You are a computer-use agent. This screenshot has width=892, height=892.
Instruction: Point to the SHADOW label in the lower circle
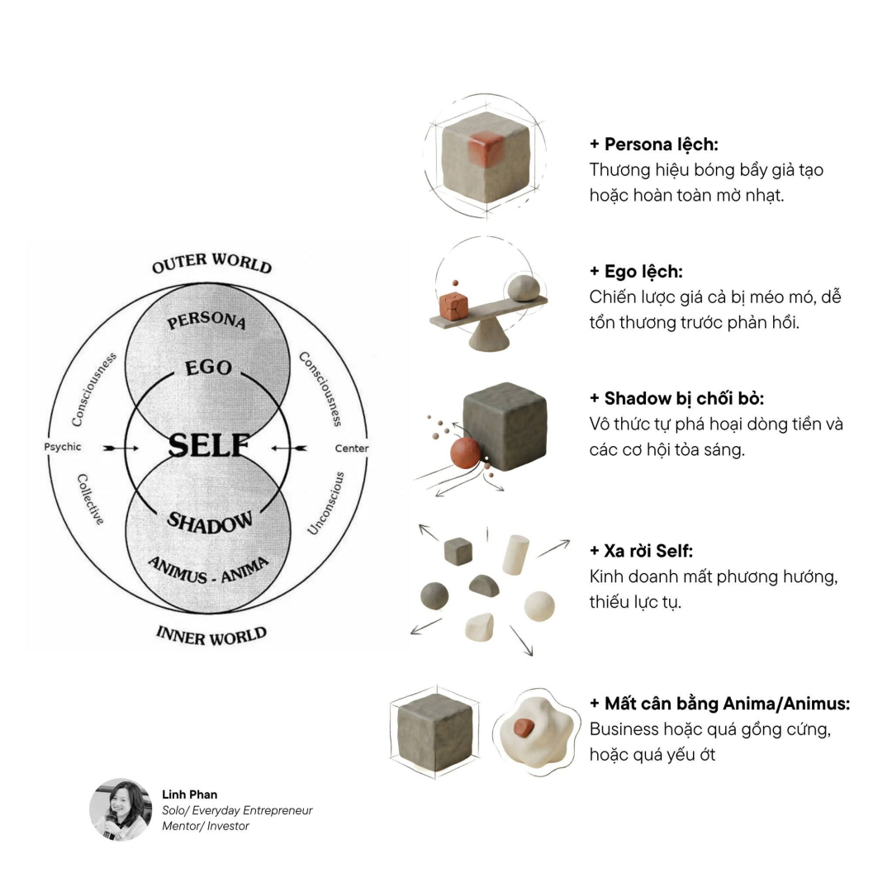coord(210,521)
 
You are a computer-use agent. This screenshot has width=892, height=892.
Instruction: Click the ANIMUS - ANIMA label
coord(208,569)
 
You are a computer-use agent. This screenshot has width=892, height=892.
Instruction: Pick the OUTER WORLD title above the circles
coord(211,263)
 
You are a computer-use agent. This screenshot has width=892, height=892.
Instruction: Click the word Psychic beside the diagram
coord(63,448)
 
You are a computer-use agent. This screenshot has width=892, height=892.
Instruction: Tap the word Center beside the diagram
coord(352,448)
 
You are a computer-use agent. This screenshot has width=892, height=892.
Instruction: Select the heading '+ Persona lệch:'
coord(653,145)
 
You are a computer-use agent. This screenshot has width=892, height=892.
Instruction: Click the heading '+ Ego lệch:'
coord(636,272)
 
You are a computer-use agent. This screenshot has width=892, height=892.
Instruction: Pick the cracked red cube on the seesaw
coord(453,306)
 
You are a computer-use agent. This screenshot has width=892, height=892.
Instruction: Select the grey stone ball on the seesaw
coord(523,288)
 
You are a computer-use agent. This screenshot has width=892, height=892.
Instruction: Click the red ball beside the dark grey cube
coord(465,453)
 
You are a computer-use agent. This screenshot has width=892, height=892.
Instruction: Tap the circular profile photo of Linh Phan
coord(121,809)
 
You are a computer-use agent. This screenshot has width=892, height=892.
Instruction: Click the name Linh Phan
coord(190,795)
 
